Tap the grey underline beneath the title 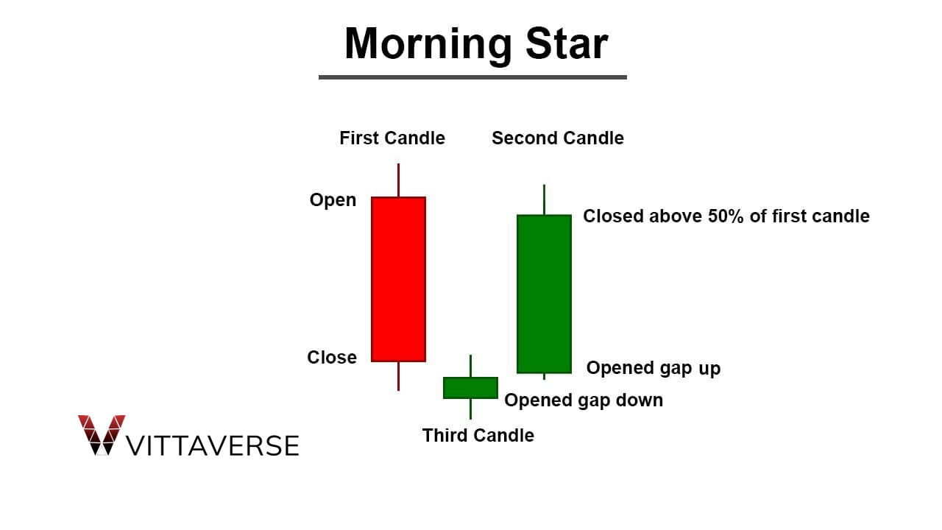472,77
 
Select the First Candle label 392,138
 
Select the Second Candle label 557,138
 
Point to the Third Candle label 478,436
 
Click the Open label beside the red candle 333,200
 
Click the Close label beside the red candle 332,358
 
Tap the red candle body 398,279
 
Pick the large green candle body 544,294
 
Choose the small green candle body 470,388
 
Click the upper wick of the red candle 398,180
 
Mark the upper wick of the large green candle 544,199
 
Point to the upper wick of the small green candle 470,366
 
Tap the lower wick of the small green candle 470,409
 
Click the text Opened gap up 653,368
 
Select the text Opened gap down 584,400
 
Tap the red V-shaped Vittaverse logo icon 102,434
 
